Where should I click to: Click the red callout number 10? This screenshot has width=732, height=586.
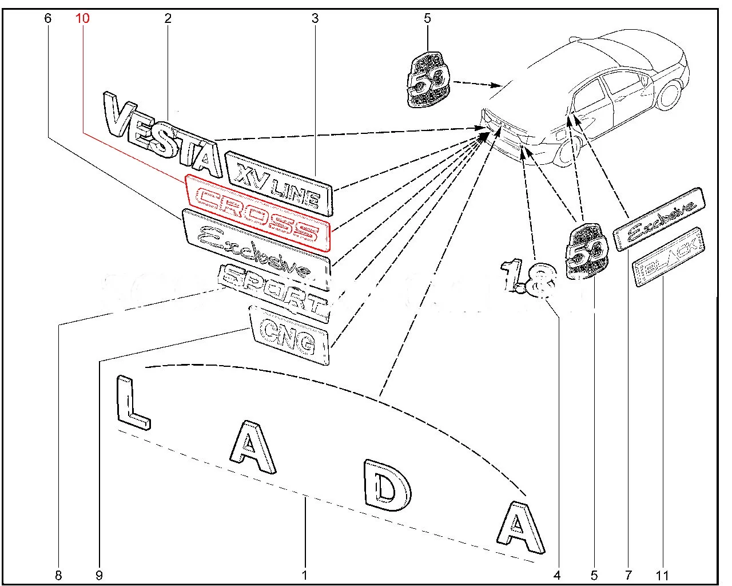click(82, 18)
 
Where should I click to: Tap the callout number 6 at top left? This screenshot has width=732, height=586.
click(47, 18)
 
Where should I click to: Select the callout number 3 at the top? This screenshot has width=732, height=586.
click(315, 18)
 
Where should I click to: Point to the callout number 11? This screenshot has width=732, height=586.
click(664, 574)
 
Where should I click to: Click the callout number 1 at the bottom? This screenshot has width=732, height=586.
click(305, 574)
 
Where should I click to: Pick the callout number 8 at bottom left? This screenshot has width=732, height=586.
click(59, 574)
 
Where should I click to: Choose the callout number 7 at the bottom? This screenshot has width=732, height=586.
click(628, 574)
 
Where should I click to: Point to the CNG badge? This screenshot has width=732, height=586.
click(289, 336)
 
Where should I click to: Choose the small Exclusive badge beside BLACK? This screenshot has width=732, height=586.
click(659, 218)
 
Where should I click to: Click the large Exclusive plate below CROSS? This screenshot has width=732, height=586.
click(256, 250)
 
